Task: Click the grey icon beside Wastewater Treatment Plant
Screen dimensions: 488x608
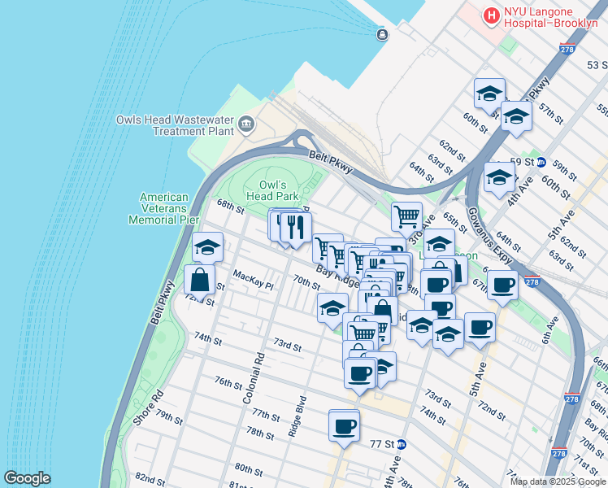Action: pyautogui.click(x=246, y=124)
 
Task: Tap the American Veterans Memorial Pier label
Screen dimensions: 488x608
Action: pyautogui.click(x=163, y=208)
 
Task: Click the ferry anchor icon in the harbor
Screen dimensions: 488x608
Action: pyautogui.click(x=382, y=34)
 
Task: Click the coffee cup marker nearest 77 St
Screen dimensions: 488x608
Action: pyautogui.click(x=344, y=425)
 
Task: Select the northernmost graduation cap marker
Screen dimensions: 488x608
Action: pyautogui.click(x=489, y=94)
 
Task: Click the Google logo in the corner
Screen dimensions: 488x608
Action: pyautogui.click(x=27, y=478)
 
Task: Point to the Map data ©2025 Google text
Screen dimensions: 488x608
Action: pyautogui.click(x=558, y=481)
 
